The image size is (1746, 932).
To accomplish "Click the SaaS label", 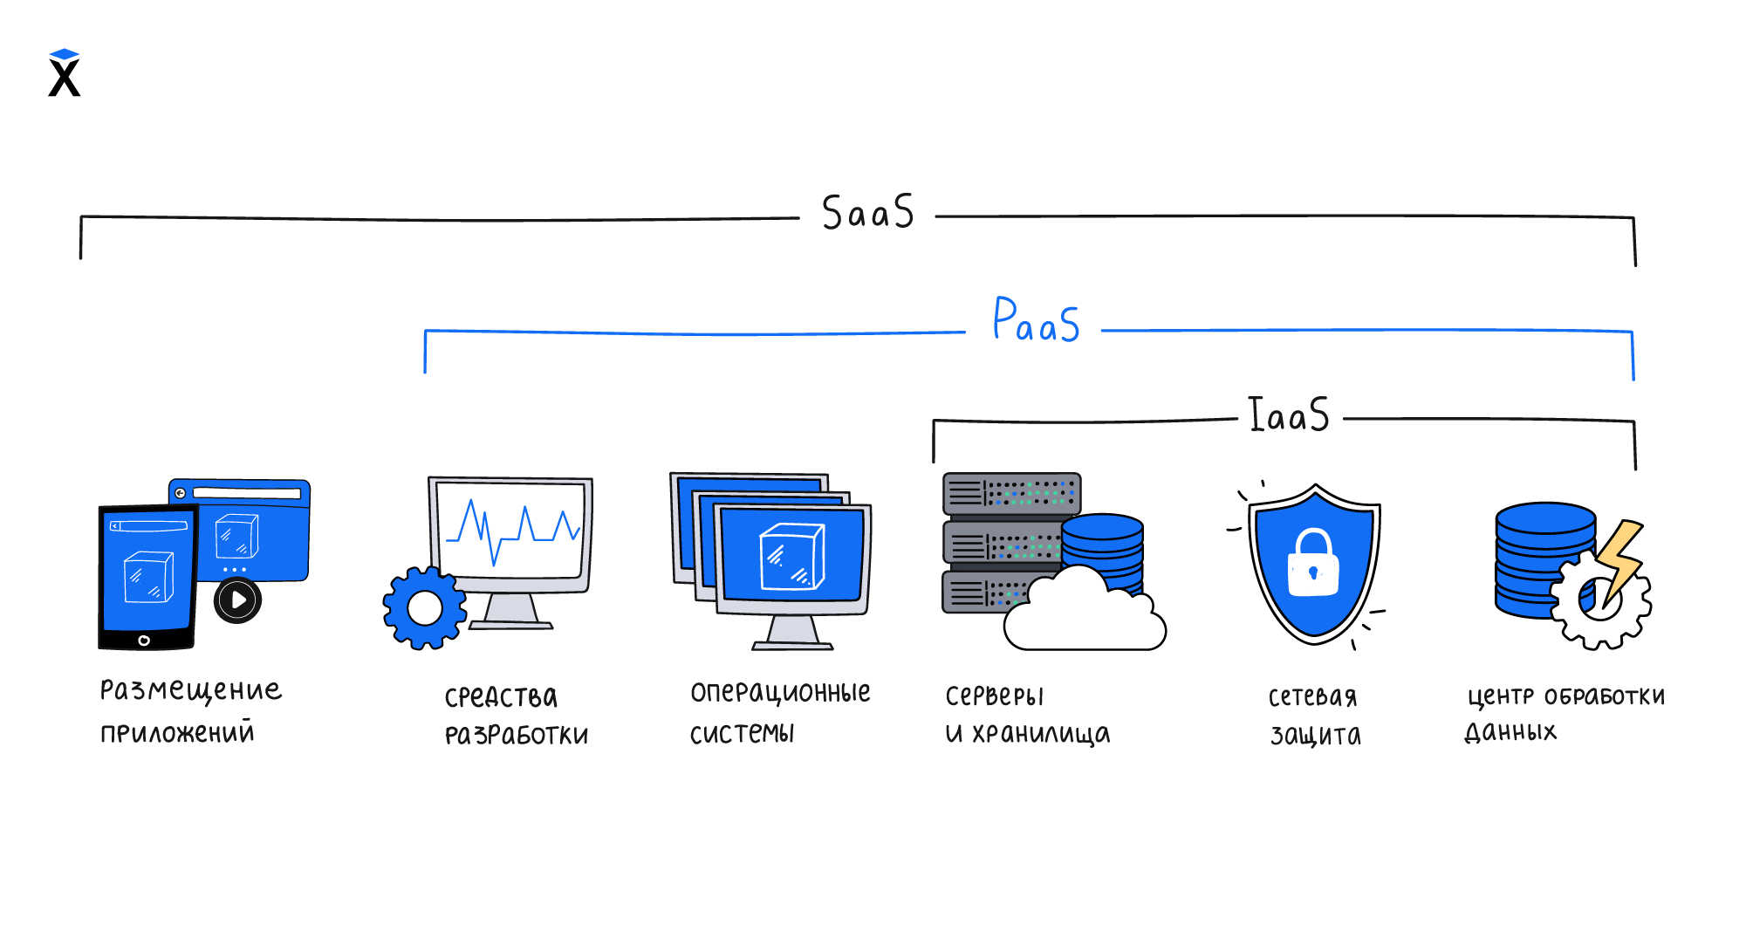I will (867, 213).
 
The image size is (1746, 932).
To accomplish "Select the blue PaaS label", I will (1036, 321).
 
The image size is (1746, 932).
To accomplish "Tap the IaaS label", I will (1289, 415).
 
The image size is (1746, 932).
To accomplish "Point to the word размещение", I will (191, 691).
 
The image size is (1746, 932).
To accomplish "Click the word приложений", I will (177, 732).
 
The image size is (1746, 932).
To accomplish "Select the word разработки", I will (517, 736).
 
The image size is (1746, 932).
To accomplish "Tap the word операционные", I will (780, 693).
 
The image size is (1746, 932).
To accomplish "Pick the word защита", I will (1315, 736).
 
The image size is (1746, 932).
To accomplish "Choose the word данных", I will (1510, 732).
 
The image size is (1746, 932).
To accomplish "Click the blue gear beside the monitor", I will (425, 608).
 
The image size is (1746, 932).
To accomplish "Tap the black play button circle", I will (237, 600).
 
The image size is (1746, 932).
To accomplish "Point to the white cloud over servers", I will (1083, 615).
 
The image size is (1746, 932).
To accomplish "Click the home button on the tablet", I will (144, 641).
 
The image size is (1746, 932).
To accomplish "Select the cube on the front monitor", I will (791, 556).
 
